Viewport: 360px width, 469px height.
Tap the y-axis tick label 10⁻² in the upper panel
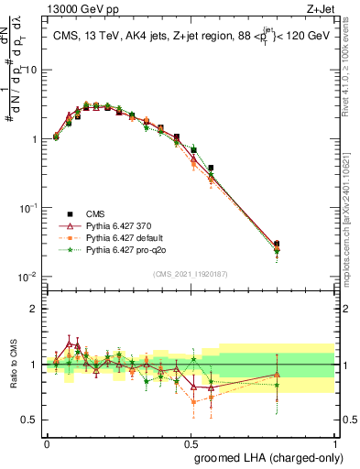29,277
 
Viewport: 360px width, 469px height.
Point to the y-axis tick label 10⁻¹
29,208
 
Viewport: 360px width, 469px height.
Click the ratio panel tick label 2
36,309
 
